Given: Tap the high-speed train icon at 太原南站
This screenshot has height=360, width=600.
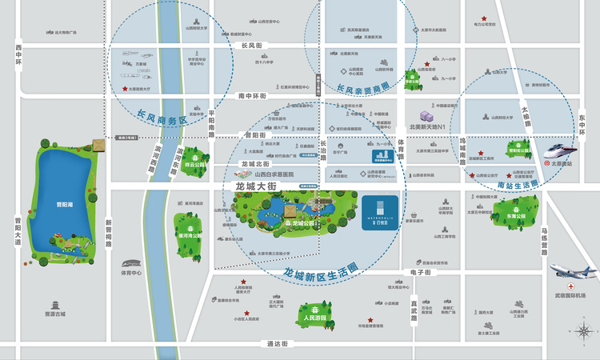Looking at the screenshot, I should pyautogui.click(x=558, y=152).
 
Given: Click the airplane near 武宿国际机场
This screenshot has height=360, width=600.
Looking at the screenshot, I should pyautogui.click(x=574, y=273).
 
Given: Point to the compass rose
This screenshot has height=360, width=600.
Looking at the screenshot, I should pyautogui.click(x=582, y=330).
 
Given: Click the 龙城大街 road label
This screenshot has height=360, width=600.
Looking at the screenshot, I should pyautogui.click(x=255, y=186).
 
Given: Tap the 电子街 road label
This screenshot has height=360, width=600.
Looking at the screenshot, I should pyautogui.click(x=421, y=273).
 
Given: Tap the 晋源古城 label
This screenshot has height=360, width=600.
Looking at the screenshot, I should pyautogui.click(x=55, y=314).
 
